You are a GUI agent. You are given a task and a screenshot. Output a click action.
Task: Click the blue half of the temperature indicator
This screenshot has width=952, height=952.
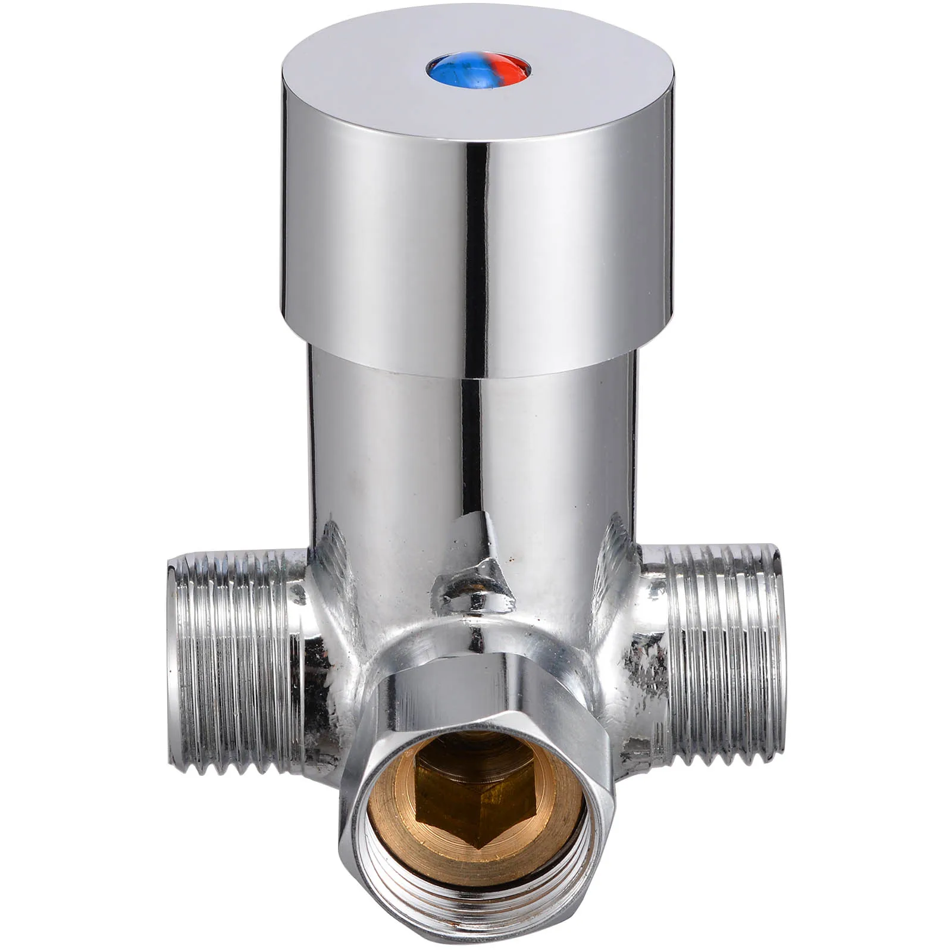click(x=447, y=69)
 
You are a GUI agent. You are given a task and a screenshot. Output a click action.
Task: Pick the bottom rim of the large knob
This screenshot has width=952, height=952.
click(x=476, y=372)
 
